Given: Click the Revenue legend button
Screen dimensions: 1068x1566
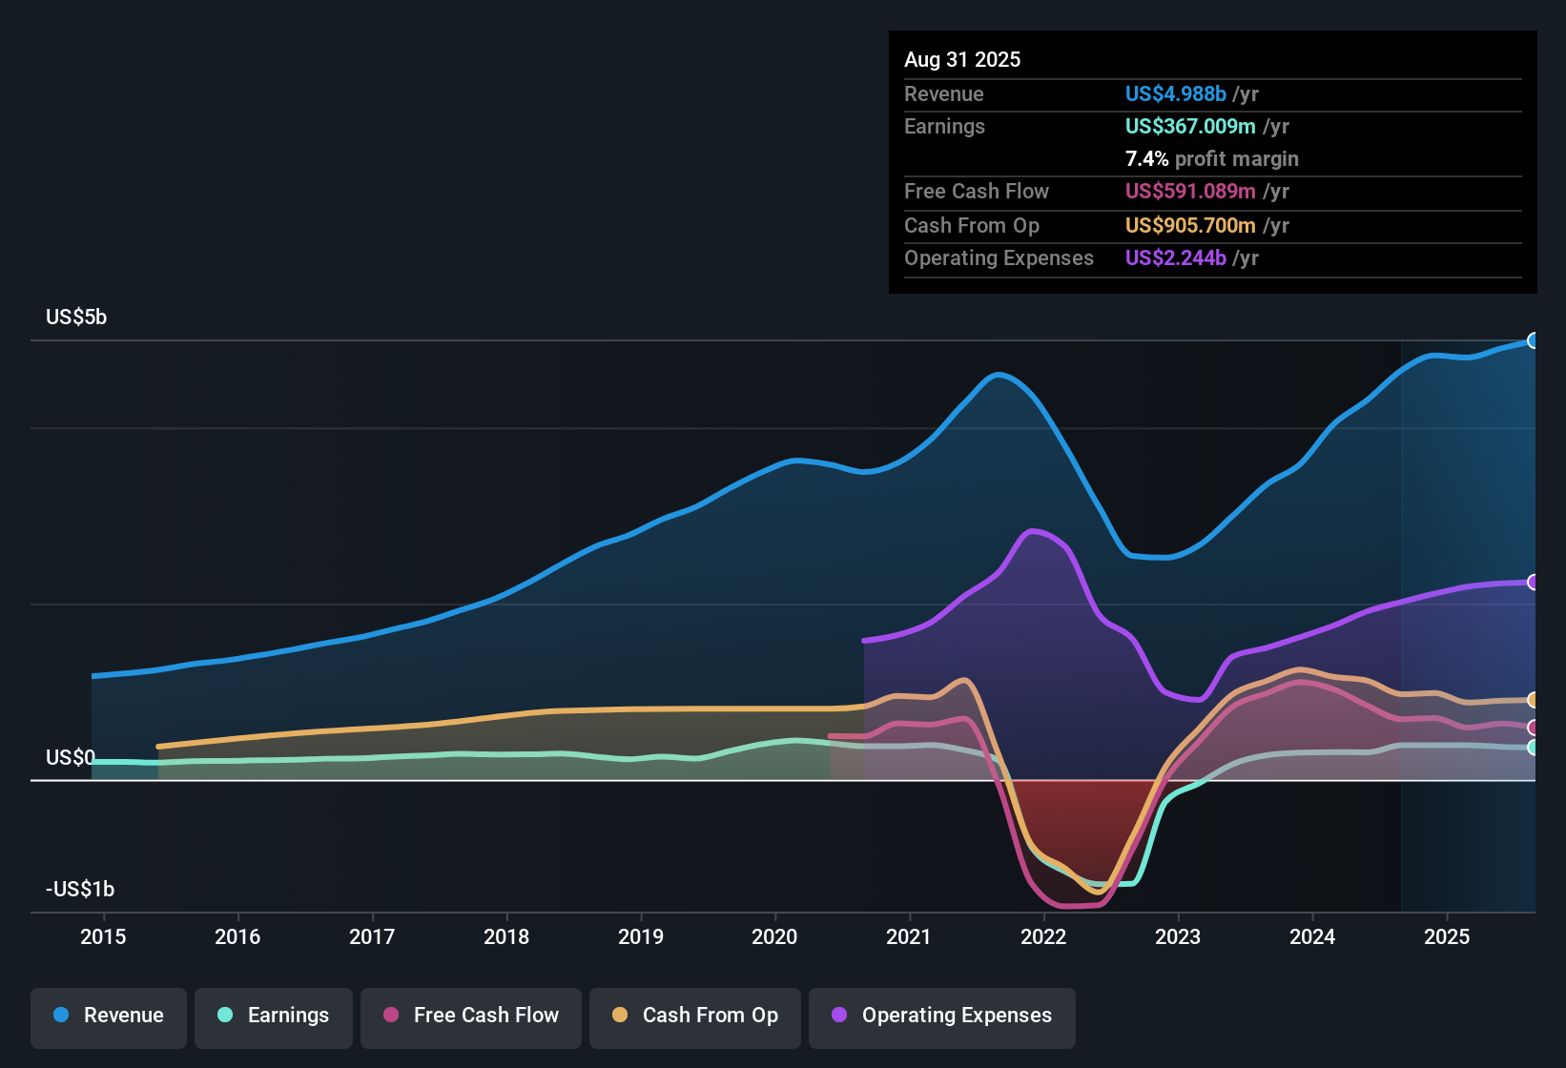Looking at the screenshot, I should point(109,1016).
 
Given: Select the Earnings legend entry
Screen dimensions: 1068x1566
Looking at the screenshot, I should point(274,1016).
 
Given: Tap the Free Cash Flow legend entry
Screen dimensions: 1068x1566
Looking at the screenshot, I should point(471,1016).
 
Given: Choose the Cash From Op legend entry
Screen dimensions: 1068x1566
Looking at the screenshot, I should point(695,1016).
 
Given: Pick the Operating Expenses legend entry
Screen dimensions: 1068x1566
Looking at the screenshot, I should point(942,1016).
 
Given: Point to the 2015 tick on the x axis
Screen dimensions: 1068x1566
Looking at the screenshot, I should point(103,936).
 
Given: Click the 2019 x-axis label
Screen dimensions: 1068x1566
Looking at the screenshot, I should point(641,936).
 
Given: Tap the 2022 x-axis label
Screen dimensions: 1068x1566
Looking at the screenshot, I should point(1043,936).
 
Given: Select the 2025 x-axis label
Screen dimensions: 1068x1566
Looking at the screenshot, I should point(1447,936).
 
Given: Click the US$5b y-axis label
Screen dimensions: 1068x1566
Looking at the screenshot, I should point(76,318).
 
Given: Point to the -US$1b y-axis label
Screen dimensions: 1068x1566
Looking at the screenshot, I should point(80,890).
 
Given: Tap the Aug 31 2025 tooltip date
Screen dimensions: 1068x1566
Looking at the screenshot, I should point(962,60).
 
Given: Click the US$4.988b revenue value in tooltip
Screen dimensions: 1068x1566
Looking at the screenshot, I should point(1175,94).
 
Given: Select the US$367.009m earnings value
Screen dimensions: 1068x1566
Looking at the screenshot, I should point(1189,127).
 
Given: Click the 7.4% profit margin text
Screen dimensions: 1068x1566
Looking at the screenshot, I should point(1211,159).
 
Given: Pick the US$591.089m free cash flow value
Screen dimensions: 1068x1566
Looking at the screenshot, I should point(1189,192).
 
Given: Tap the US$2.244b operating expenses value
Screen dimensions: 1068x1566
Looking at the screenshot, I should point(1175,258).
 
